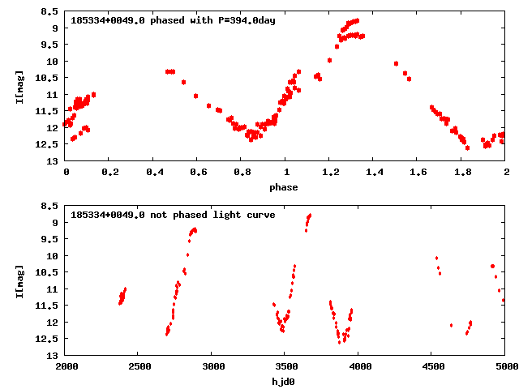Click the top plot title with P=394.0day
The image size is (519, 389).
tap(173, 20)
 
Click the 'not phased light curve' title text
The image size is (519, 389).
tap(173, 215)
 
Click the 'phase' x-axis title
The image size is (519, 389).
tap(284, 187)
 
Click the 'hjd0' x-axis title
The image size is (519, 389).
tap(284, 382)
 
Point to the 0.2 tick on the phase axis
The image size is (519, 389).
tap(109, 172)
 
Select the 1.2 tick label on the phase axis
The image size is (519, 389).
tap(330, 172)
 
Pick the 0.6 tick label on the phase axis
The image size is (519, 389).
tap(198, 172)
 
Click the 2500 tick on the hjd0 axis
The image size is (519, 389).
tap(138, 366)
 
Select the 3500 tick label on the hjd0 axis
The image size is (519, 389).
tap(285, 366)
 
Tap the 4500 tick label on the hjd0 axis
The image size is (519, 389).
tap(431, 366)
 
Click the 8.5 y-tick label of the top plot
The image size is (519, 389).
tap(49, 12)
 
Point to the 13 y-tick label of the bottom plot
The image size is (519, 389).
tap(53, 356)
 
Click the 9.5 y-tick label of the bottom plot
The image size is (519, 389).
tap(49, 240)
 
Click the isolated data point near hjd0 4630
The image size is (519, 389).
tap(451, 325)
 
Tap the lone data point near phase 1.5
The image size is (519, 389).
tap(396, 63)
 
